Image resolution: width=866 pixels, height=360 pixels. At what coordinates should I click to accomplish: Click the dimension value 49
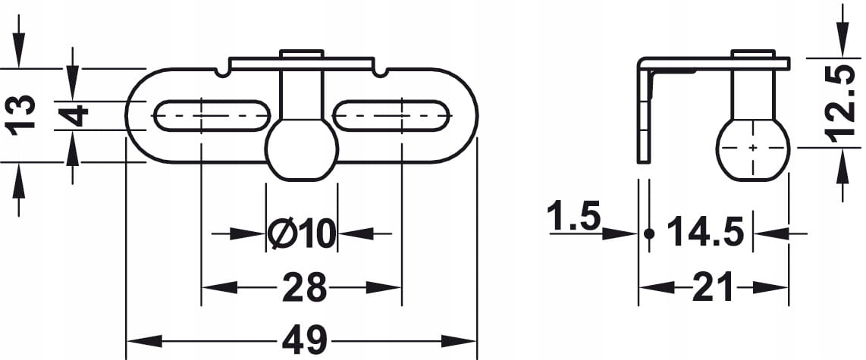[x=304, y=340]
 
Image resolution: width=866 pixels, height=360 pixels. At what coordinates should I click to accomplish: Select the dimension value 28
[x=304, y=287]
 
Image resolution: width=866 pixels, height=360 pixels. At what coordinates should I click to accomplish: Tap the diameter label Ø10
[x=302, y=233]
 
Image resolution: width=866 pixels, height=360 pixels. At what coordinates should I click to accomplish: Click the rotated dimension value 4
[x=73, y=116]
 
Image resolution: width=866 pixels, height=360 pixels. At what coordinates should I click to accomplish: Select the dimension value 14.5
[x=705, y=232]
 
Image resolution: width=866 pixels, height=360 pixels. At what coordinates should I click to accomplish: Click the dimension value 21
[x=713, y=287]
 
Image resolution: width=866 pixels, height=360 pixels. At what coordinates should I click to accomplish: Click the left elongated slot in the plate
[x=212, y=116]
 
